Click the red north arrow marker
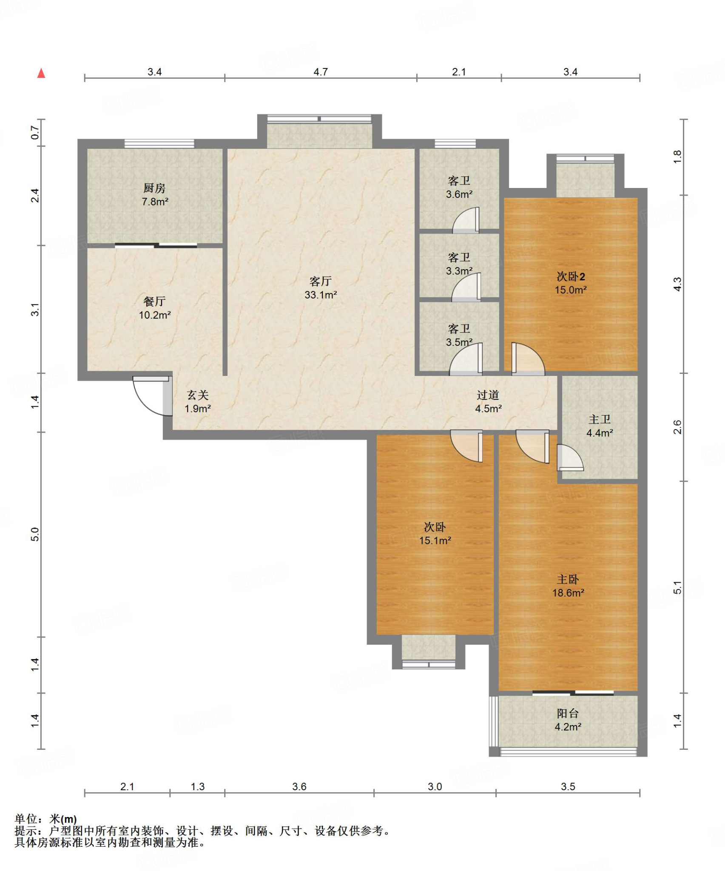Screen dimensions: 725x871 (41, 73)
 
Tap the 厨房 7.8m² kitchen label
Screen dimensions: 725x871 (154, 195)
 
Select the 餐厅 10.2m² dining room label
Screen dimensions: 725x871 (155, 308)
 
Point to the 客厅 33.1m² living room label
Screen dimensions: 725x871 (321, 288)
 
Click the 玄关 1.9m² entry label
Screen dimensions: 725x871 (198, 402)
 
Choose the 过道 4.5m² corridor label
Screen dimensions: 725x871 (488, 402)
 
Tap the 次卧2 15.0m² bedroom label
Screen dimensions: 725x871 (571, 283)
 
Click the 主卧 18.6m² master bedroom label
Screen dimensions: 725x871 (568, 586)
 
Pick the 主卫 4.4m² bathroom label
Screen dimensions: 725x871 (600, 426)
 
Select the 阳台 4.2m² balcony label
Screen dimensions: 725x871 (568, 720)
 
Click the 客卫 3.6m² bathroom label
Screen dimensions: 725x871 (459, 188)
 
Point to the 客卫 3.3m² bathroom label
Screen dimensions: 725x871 (459, 264)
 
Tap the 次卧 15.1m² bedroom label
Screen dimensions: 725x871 (435, 534)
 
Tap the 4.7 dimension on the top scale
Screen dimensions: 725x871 (321, 72)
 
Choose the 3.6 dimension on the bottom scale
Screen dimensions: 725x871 (299, 786)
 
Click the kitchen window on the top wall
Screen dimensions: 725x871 (159, 143)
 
